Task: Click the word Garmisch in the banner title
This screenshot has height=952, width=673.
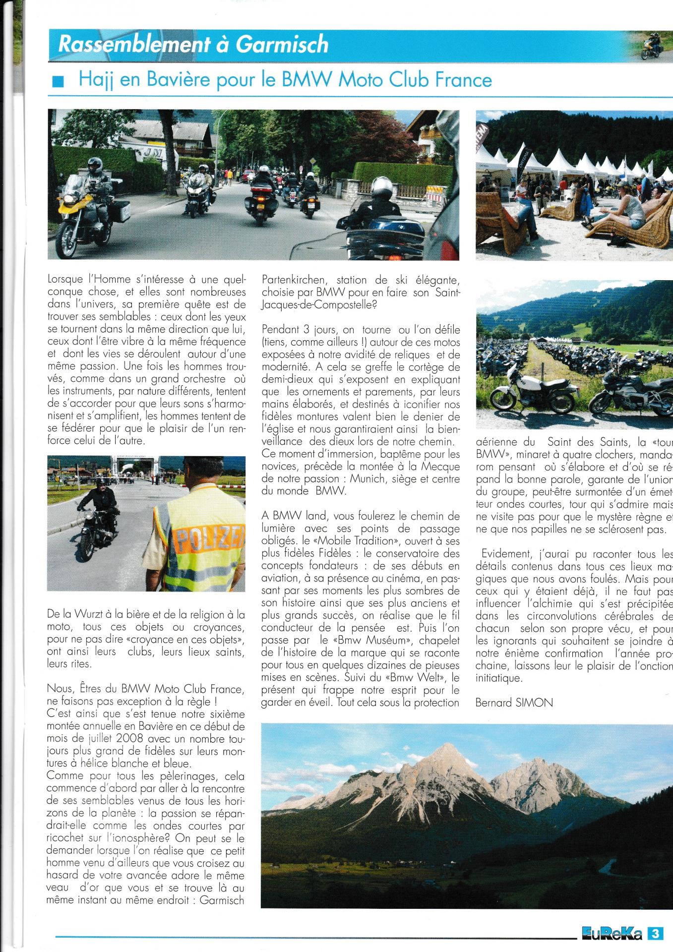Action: [x=282, y=45]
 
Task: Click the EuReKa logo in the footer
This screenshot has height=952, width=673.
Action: [x=612, y=935]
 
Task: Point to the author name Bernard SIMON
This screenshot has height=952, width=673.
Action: [x=514, y=702]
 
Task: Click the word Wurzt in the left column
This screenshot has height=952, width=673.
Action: [x=94, y=615]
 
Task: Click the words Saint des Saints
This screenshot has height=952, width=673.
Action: [x=576, y=441]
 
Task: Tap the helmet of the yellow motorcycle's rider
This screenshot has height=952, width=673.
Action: [x=93, y=164]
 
